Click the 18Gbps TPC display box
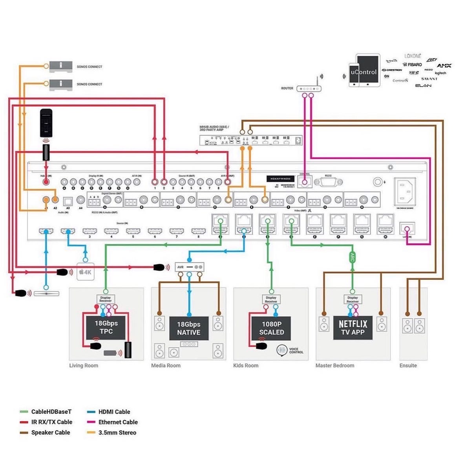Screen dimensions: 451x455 [x=106, y=327]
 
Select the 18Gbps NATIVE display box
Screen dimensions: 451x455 [x=188, y=329]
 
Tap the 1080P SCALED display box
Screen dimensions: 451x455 [x=271, y=328]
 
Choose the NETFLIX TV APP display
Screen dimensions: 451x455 [x=353, y=327]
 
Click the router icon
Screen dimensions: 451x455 [x=309, y=89]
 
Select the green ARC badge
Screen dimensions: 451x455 [x=352, y=257]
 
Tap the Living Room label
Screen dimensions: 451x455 [x=84, y=365]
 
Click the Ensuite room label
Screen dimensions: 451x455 [x=408, y=365]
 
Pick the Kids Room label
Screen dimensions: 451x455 [x=246, y=365]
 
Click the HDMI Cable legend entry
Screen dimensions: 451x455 [x=114, y=412]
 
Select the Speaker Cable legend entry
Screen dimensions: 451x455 [x=50, y=433]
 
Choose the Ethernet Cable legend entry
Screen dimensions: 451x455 [x=118, y=422]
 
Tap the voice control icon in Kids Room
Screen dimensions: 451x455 [x=282, y=350]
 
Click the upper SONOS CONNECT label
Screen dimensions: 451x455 [x=89, y=67]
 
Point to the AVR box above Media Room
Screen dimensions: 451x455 [x=189, y=267]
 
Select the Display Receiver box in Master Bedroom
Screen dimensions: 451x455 [x=353, y=299]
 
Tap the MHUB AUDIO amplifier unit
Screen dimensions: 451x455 [x=251, y=140]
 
